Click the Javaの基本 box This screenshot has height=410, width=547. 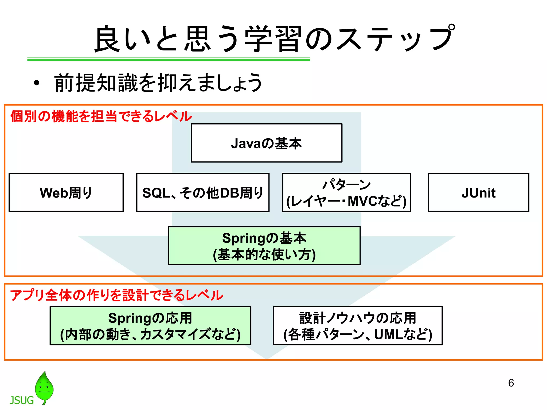[x=267, y=143]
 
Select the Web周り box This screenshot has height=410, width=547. [x=66, y=192]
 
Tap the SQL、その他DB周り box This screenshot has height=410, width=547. [x=203, y=192]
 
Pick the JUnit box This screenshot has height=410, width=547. [x=478, y=192]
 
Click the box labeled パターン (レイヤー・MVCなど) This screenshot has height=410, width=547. [x=346, y=192]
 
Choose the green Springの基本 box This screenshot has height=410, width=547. [x=264, y=246]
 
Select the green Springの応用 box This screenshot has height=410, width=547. [x=150, y=326]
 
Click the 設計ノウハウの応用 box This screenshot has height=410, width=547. [x=358, y=326]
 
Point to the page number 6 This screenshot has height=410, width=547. [x=511, y=383]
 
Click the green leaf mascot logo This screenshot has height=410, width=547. [x=44, y=387]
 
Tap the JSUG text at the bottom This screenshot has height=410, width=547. [x=22, y=400]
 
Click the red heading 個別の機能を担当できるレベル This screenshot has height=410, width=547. [x=101, y=116]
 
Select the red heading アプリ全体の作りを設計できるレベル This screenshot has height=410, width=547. [x=116, y=295]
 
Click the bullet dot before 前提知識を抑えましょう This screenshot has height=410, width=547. [x=37, y=83]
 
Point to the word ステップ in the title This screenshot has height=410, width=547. [x=395, y=39]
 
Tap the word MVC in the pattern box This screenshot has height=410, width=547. [x=362, y=201]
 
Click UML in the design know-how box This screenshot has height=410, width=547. [x=388, y=334]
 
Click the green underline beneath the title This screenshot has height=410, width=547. [x=168, y=59]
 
